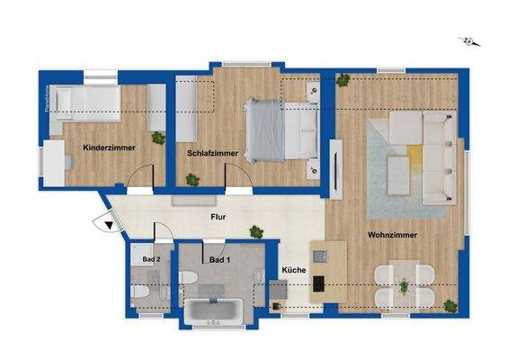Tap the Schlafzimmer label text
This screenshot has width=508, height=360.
[213, 153]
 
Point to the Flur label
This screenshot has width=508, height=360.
[218, 217]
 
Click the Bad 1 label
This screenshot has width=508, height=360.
[219, 260]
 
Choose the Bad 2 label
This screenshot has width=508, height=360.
[151, 259]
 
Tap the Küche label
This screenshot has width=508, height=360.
[294, 271]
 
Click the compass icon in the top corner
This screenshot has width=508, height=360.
[468, 40]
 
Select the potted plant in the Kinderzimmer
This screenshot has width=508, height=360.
[159, 138]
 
